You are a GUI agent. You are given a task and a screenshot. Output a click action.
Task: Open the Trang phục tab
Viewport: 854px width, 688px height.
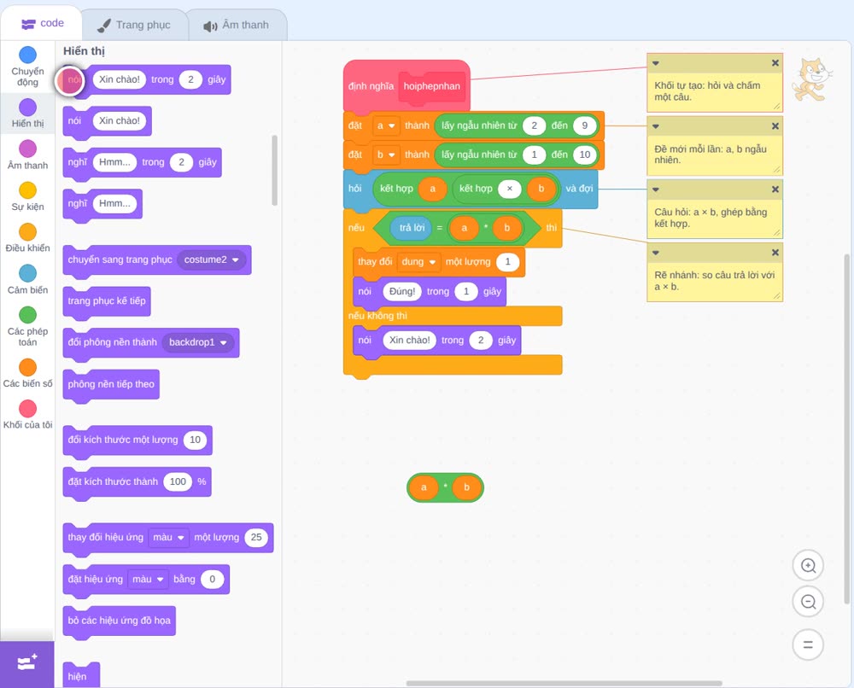coord(134,25)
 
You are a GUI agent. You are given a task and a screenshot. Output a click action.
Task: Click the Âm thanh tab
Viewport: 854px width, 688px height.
coord(237,25)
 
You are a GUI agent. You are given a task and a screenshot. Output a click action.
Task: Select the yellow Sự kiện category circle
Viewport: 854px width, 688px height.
coord(28,190)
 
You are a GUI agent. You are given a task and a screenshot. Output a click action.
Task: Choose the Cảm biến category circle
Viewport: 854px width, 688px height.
coord(28,273)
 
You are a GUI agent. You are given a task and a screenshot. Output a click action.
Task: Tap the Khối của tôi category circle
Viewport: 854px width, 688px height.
coord(28,408)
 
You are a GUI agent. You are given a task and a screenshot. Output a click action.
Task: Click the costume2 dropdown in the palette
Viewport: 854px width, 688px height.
coord(211,259)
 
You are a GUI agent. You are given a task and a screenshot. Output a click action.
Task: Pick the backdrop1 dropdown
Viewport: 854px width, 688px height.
coord(198,342)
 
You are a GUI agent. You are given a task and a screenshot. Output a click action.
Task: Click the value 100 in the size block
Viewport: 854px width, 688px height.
coord(178,481)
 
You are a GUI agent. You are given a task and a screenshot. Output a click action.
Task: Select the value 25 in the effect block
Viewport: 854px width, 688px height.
coord(256,537)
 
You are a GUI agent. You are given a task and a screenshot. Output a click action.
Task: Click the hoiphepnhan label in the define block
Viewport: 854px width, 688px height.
coord(432,86)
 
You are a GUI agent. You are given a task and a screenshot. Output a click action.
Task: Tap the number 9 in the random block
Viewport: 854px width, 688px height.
coord(584,125)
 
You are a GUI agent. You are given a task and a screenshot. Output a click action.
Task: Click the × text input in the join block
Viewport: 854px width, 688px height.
coord(509,189)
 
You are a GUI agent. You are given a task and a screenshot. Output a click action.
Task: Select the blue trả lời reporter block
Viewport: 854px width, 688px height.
coord(412,228)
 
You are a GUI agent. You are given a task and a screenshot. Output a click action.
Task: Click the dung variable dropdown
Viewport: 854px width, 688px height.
coord(418,262)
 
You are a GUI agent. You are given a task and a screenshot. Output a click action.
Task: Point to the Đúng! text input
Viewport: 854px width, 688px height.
coord(402,291)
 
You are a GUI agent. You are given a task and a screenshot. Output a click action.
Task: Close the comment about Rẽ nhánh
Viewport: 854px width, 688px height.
coord(775,253)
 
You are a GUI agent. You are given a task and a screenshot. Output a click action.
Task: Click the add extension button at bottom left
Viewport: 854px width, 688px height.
coord(27,663)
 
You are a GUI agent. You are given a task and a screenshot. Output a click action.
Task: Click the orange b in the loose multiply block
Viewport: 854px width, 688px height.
coord(467,487)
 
